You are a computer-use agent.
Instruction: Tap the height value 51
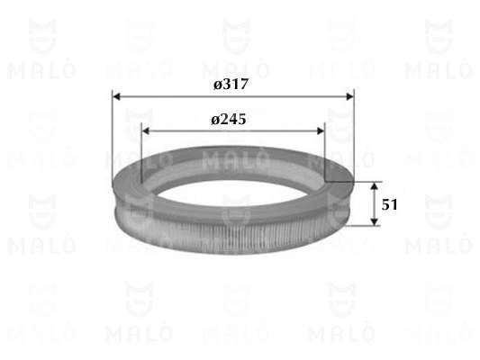pyautogui.click(x=389, y=204)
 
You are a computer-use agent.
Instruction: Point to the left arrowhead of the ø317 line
pyautogui.click(x=117, y=94)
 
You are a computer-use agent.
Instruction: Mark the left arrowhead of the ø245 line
pyautogui.click(x=146, y=130)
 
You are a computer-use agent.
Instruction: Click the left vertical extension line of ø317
pyautogui.click(x=113, y=135)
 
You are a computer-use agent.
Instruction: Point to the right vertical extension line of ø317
pyautogui.click(x=354, y=135)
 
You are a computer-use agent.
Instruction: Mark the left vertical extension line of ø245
pyautogui.click(x=141, y=153)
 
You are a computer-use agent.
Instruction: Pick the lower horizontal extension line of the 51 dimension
pyautogui.click(x=360, y=228)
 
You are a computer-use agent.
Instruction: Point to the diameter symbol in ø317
pyautogui.click(x=217, y=84)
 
